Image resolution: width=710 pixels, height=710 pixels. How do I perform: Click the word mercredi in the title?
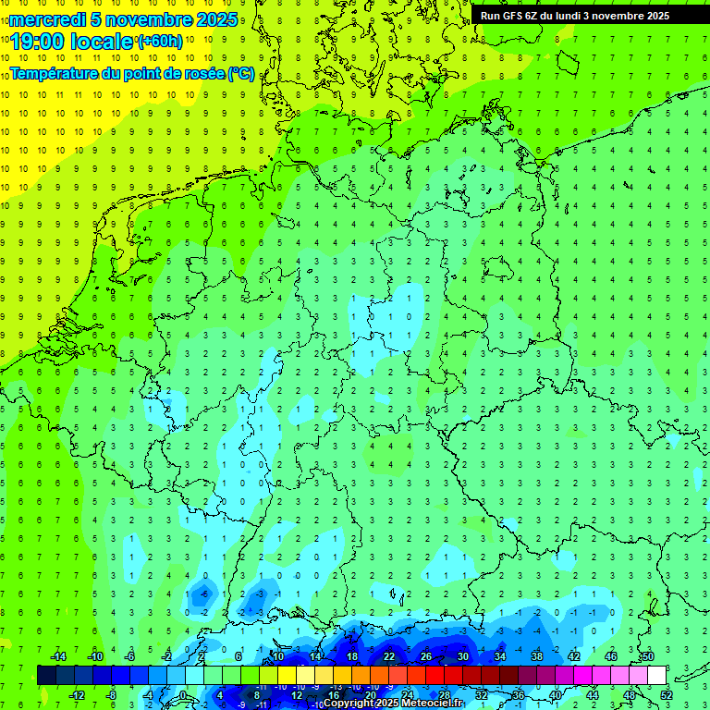(x=47, y=19)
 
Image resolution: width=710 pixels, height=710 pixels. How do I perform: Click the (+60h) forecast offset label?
(x=160, y=41)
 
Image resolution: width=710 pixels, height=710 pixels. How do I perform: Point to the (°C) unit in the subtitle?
(x=240, y=73)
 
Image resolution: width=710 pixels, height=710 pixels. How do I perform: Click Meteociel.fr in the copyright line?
(x=429, y=704)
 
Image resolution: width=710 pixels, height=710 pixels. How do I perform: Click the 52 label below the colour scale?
(x=667, y=695)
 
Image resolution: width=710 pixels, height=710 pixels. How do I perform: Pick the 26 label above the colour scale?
(x=426, y=656)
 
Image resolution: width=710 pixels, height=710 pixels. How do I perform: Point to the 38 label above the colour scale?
(x=537, y=656)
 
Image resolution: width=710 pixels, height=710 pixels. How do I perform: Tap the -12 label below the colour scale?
(x=77, y=695)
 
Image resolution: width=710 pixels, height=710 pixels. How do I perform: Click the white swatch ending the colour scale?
(x=657, y=675)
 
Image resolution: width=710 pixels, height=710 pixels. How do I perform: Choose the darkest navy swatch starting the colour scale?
(x=46, y=675)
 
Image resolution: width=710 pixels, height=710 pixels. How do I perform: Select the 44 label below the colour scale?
(x=593, y=695)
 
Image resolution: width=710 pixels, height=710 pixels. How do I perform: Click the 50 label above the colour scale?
(x=648, y=656)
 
